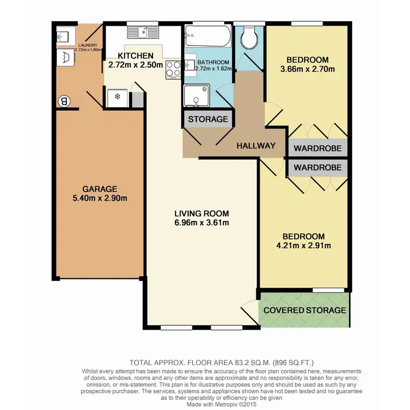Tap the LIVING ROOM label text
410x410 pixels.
(x=201, y=213)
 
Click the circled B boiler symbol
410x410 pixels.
(x=64, y=101)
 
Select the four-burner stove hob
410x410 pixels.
(x=173, y=69)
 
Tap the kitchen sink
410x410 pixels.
(x=144, y=32)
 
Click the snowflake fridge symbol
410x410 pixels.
(x=116, y=97)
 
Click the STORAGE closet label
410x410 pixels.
(x=208, y=119)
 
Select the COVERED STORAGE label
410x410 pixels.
(x=304, y=310)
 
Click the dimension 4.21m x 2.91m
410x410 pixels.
(x=304, y=245)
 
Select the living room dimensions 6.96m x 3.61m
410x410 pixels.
(x=201, y=222)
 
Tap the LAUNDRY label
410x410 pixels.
(x=87, y=45)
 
